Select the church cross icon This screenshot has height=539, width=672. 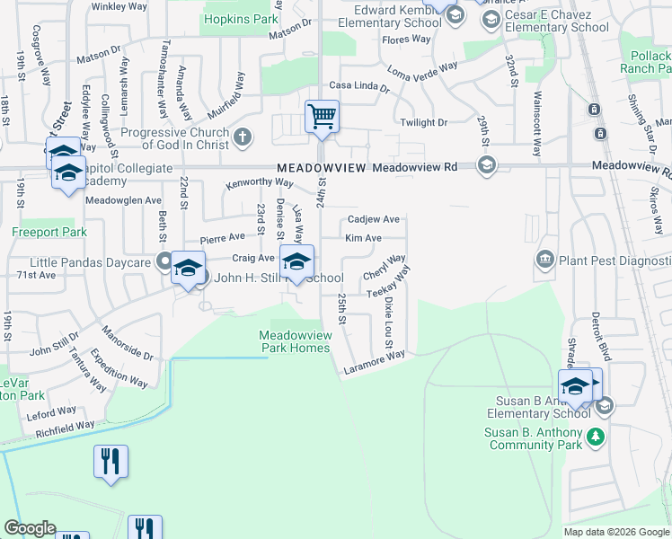click(241, 137)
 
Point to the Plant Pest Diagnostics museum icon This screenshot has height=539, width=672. click(544, 261)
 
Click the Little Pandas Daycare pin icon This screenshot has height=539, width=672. click(164, 262)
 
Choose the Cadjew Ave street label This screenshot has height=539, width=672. click(373, 219)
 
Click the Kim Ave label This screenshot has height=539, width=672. click(364, 238)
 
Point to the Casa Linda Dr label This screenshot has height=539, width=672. click(359, 86)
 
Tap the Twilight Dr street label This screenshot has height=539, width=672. click(423, 122)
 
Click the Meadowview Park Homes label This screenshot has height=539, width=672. click(296, 341)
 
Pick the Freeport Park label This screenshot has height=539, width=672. click(49, 232)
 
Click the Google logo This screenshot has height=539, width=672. click(30, 528)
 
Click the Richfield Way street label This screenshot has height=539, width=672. click(65, 429)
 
